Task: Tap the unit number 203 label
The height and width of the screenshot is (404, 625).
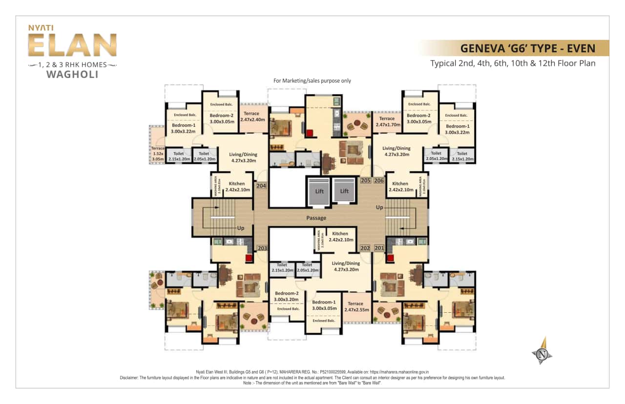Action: tap(262, 248)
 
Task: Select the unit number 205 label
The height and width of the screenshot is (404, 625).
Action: tap(365, 181)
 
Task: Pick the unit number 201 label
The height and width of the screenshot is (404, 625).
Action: tap(379, 248)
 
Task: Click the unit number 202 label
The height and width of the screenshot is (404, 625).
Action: tap(365, 248)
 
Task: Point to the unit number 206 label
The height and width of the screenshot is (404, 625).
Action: tap(379, 181)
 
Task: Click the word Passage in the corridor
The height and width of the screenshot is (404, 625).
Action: tap(316, 218)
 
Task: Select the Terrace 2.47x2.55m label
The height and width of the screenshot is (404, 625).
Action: tap(355, 306)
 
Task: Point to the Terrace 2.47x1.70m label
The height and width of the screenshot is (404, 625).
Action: tap(387, 121)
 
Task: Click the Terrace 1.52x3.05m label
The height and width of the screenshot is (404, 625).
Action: tap(158, 154)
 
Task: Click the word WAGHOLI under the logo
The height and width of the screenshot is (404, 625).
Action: tap(72, 75)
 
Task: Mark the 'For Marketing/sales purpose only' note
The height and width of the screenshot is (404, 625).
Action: tap(312, 81)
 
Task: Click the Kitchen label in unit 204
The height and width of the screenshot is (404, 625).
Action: tap(236, 186)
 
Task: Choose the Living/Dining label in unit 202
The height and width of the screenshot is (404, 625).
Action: tap(345, 266)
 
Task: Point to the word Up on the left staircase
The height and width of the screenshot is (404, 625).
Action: tap(240, 228)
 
